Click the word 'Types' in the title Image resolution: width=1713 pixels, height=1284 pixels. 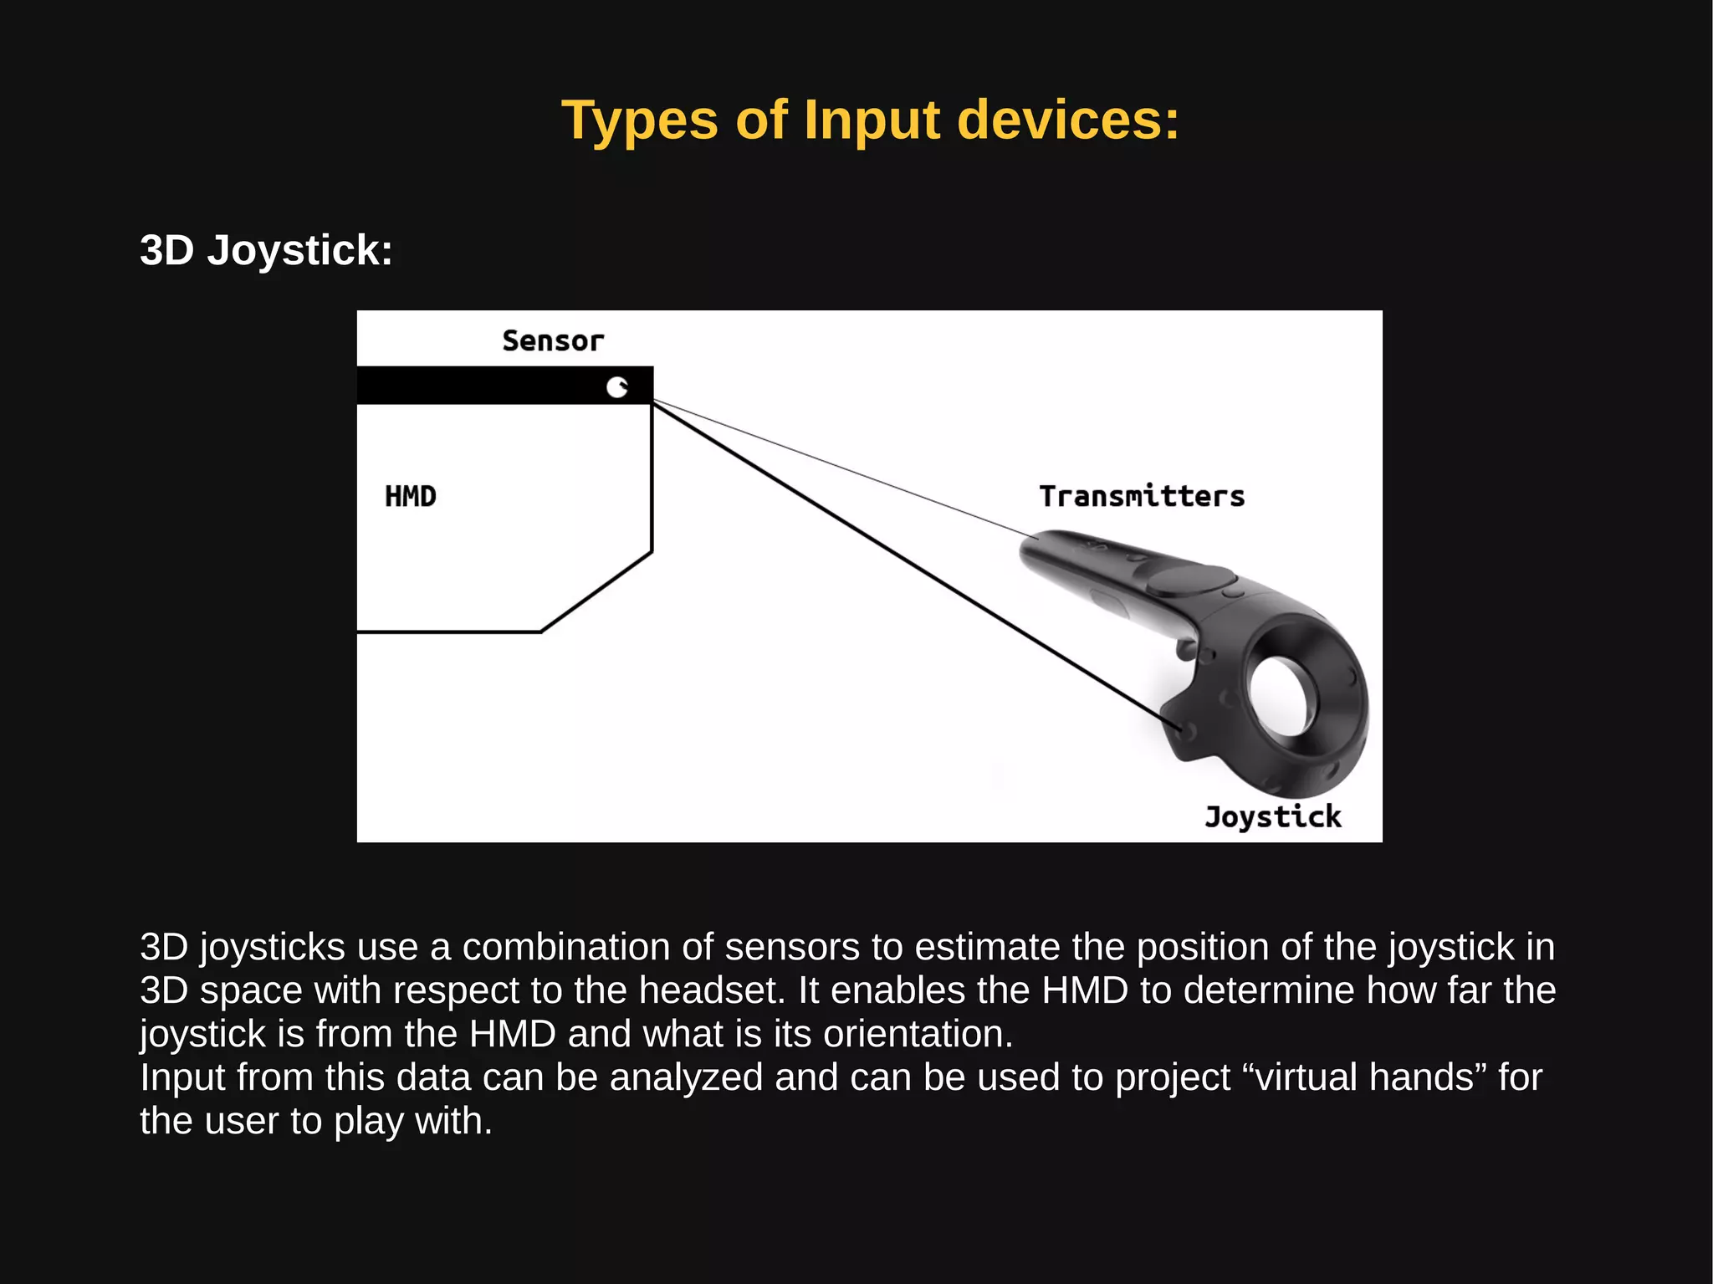click(639, 120)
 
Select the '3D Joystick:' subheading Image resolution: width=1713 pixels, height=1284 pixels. click(266, 250)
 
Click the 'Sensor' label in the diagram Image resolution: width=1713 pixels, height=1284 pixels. click(552, 341)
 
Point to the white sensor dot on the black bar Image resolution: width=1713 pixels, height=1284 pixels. click(617, 386)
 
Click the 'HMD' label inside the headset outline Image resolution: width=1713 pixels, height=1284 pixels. click(410, 496)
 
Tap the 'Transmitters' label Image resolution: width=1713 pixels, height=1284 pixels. click(1142, 496)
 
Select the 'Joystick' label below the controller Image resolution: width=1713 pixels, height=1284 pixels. click(1272, 816)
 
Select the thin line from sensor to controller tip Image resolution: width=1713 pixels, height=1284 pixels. click(836, 467)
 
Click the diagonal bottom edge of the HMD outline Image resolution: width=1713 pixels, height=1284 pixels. click(596, 591)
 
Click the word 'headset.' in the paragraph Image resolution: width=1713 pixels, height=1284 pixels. click(712, 990)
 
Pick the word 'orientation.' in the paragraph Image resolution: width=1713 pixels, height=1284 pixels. click(918, 1034)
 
